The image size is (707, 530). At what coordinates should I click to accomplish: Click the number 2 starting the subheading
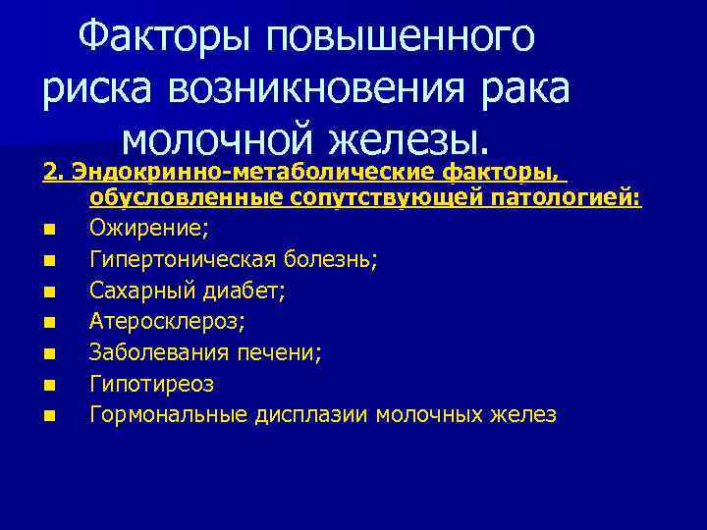pyautogui.click(x=50, y=173)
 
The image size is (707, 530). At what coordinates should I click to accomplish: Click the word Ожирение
pyautogui.click(x=150, y=228)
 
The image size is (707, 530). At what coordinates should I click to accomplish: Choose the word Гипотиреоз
pyautogui.click(x=149, y=384)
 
